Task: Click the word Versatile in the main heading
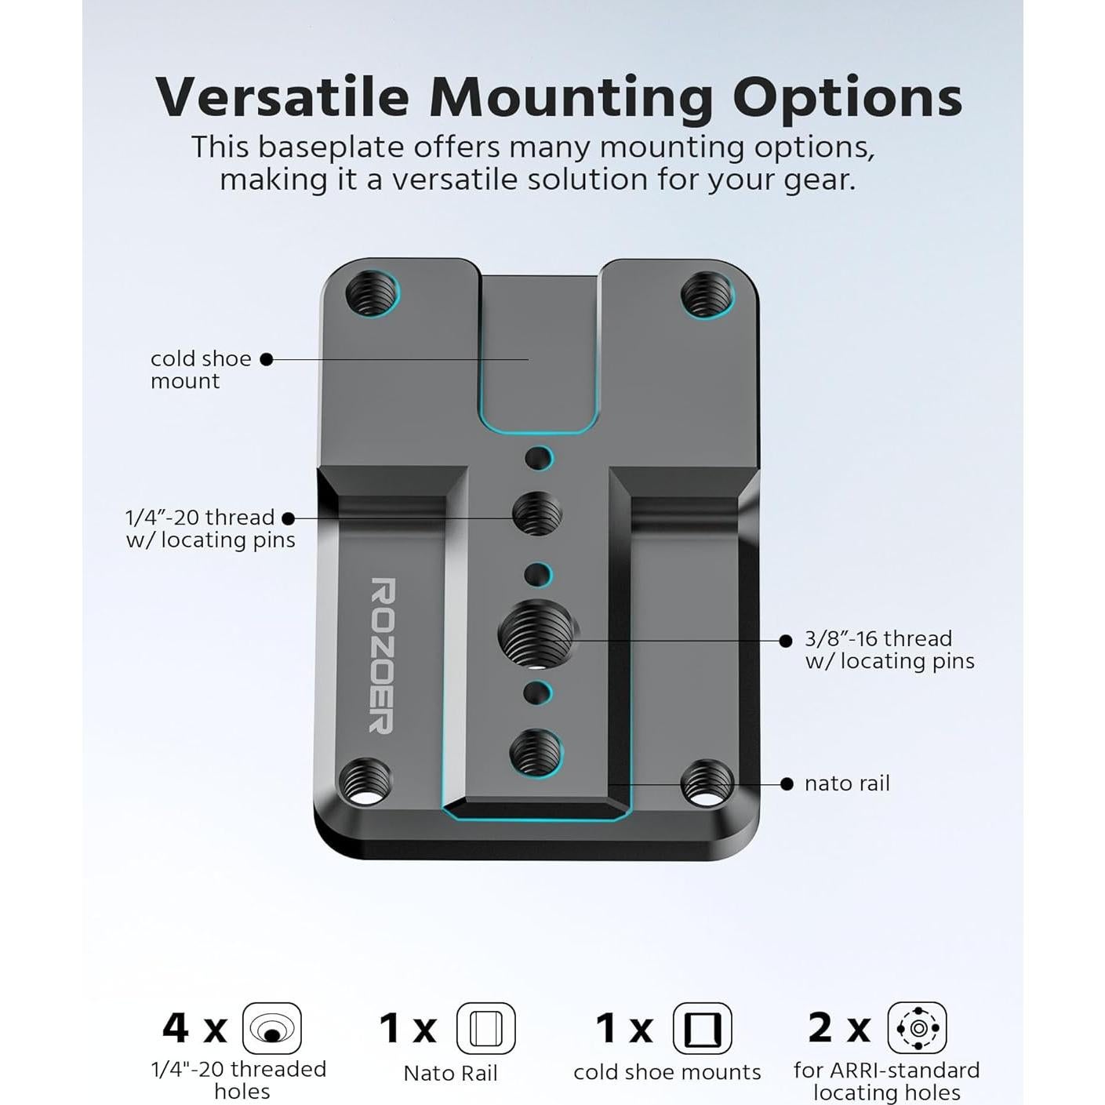click(x=282, y=97)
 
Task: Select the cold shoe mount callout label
click(x=200, y=369)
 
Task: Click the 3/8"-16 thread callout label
click(x=889, y=649)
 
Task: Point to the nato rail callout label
click(x=846, y=783)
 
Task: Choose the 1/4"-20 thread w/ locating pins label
click(x=210, y=529)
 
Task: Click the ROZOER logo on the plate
click(x=382, y=656)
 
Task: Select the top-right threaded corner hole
click(x=706, y=294)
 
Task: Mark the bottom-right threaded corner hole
click(x=706, y=782)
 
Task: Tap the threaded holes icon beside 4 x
click(x=271, y=1028)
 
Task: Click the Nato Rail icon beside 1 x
click(x=485, y=1028)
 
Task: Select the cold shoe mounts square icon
click(x=702, y=1028)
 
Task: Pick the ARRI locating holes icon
click(x=917, y=1027)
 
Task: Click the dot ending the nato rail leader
click(x=787, y=784)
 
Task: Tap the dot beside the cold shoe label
click(x=267, y=359)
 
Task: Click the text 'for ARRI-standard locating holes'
click(x=886, y=1081)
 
